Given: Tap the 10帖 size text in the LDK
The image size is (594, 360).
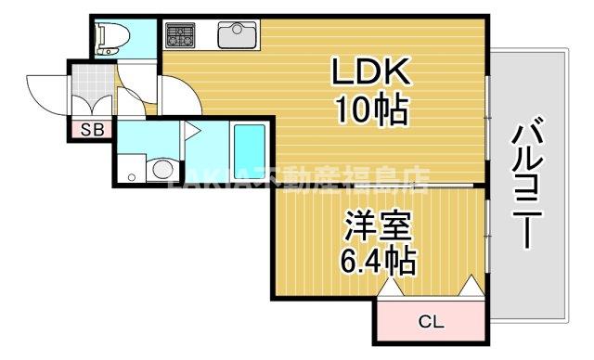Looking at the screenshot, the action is coord(368,110).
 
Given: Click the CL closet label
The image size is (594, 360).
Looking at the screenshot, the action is coord(431,323).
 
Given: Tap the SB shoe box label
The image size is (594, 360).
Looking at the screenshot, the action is coord(92,130).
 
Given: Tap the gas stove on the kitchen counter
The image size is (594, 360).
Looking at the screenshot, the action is coord(181,36).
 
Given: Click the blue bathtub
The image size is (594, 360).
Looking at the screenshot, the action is coord(248,149).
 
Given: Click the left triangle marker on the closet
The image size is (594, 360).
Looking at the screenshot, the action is coord(391,288).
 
